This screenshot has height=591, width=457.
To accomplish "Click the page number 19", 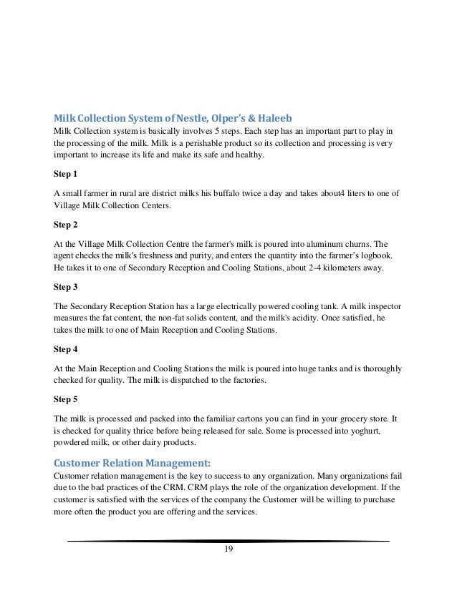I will click(228, 550).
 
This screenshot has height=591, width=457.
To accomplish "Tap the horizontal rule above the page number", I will click(228, 541).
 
